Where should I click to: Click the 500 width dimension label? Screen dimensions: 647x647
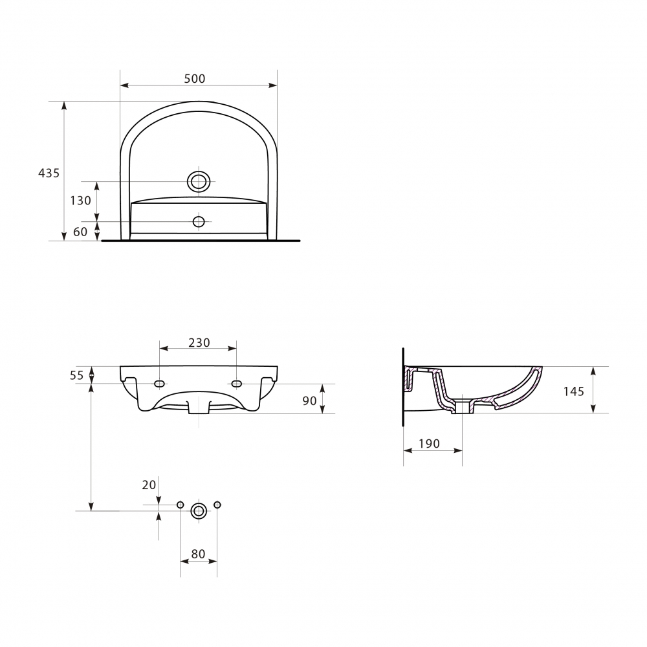(194, 78)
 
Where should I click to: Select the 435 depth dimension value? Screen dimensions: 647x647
(49, 173)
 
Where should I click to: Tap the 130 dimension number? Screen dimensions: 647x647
(80, 201)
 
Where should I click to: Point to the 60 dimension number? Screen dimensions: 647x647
(80, 232)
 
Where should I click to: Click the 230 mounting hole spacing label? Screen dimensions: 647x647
(199, 342)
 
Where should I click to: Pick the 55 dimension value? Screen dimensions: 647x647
(77, 375)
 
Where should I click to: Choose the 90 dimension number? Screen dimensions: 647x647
(309, 400)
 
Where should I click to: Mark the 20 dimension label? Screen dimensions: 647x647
(149, 485)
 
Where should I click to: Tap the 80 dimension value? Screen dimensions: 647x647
(199, 554)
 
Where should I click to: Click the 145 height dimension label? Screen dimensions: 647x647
(574, 391)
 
